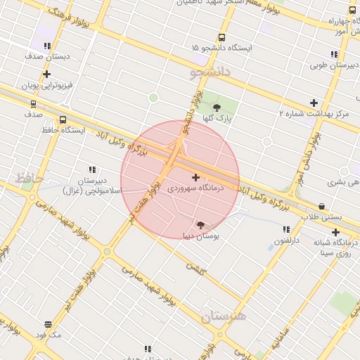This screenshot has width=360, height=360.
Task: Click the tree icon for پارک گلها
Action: coord(217,108)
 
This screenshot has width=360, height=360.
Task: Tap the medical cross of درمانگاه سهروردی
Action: coord(195,177)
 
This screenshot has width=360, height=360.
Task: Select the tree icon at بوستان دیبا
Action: coord(202,225)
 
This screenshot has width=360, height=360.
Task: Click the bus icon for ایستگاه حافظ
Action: coord(63,120)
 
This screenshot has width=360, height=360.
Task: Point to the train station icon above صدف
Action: coord(33,103)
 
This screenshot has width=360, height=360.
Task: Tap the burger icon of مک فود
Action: coord(48,325)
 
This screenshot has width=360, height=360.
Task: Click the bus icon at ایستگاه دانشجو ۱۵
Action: coord(222,37)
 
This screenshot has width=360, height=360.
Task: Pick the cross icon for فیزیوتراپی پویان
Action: coord(47,74)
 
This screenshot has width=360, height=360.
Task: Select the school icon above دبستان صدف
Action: coord(47,46)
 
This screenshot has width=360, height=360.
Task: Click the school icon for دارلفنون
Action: coord(286,229)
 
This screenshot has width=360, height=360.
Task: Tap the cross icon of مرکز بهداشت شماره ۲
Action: coord(314,103)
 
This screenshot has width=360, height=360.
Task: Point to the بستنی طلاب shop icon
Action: coord(322,206)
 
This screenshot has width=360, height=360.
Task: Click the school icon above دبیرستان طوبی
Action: coord(334,55)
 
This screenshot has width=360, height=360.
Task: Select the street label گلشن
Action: coord(195,266)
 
